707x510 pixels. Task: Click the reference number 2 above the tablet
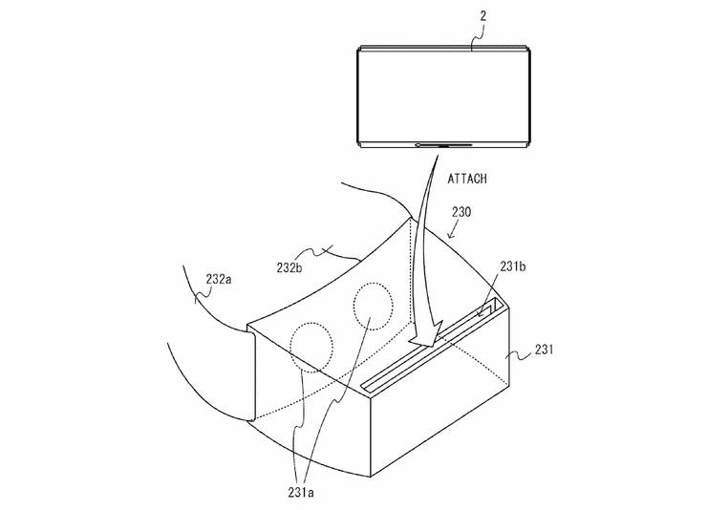click(482, 16)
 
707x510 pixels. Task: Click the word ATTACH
click(467, 179)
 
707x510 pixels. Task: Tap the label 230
click(461, 212)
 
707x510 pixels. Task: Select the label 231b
click(513, 266)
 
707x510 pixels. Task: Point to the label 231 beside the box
click(544, 350)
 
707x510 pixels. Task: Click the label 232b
click(289, 267)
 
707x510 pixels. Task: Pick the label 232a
click(219, 279)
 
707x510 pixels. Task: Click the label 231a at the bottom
click(301, 493)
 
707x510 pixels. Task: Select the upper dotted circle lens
click(374, 307)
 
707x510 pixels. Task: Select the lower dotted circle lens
click(311, 348)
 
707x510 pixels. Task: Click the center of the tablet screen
click(444, 96)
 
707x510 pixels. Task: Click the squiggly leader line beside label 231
click(519, 355)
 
